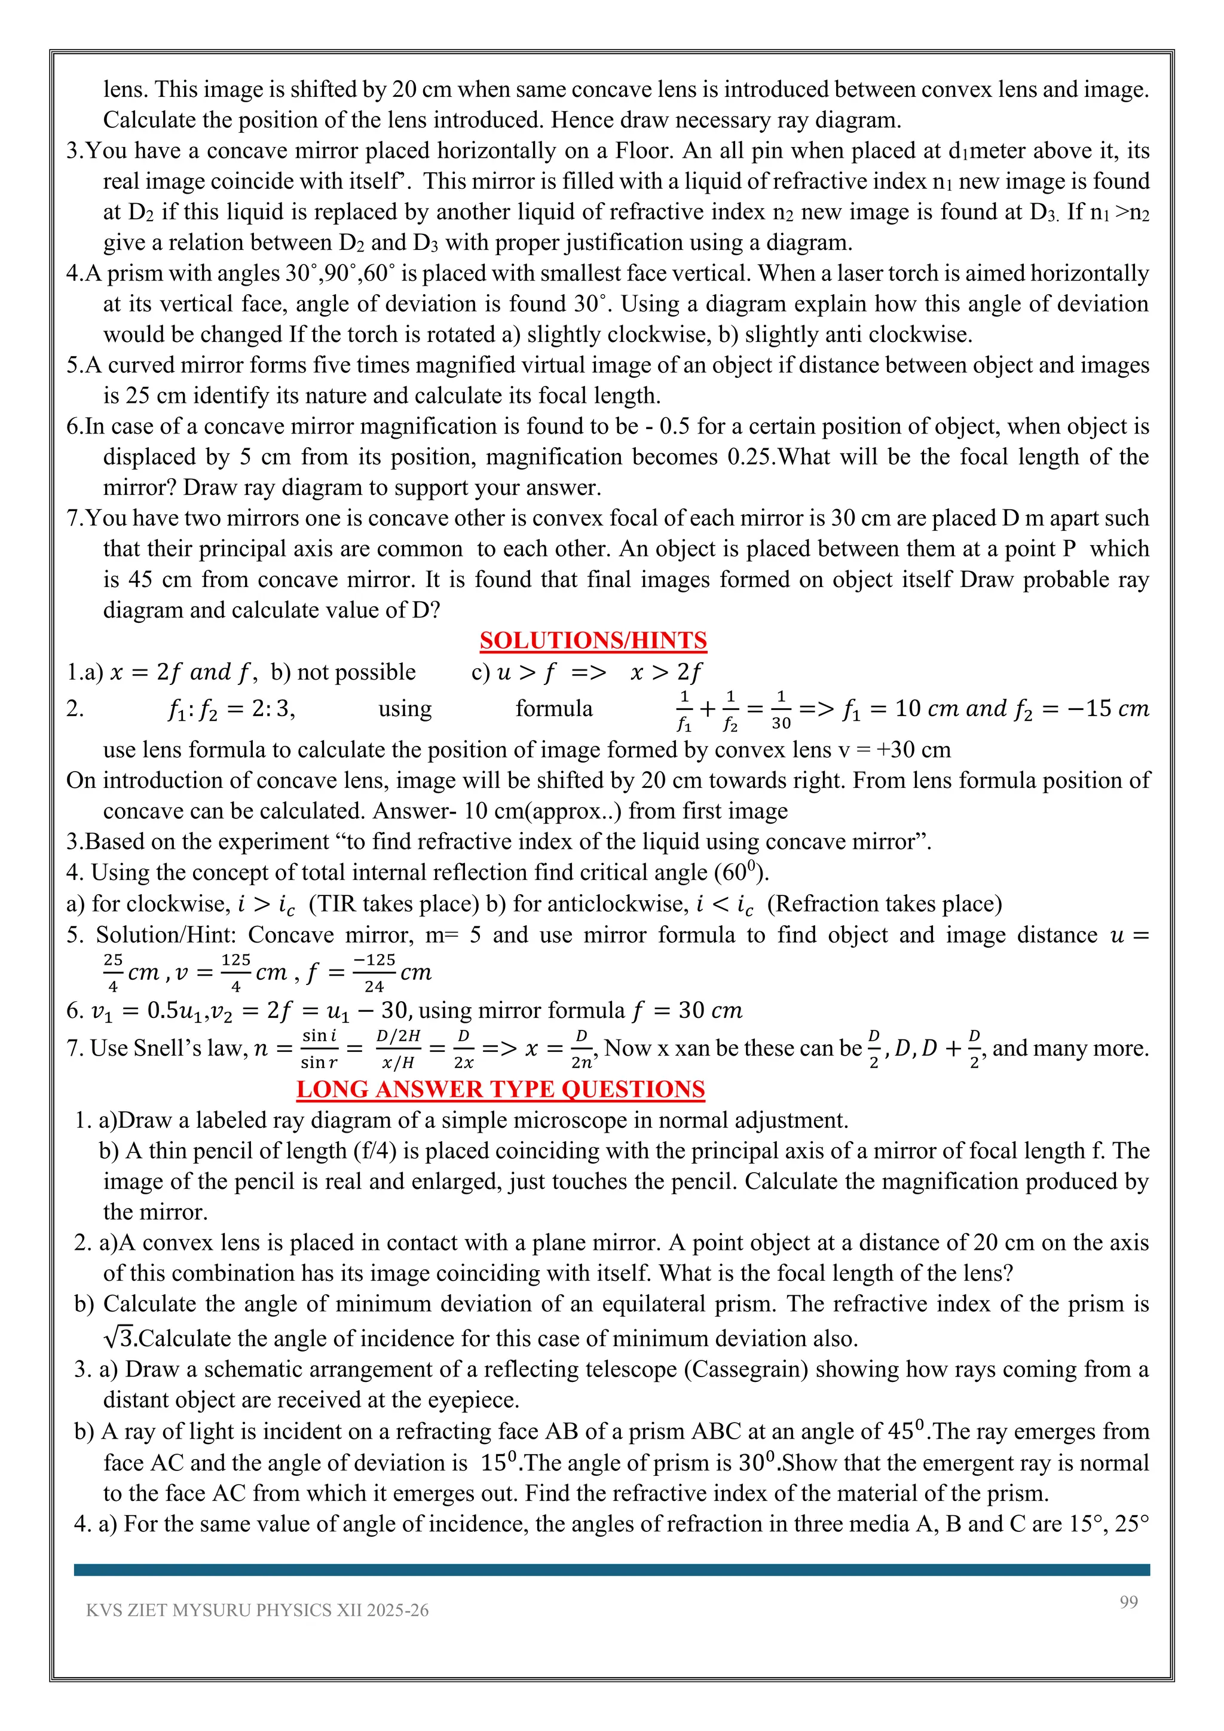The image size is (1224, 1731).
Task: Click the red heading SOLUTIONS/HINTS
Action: point(593,640)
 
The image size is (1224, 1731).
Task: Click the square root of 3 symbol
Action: point(119,1338)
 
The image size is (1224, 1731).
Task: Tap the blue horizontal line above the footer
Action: point(611,1570)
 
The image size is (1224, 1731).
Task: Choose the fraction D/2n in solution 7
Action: point(581,1049)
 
